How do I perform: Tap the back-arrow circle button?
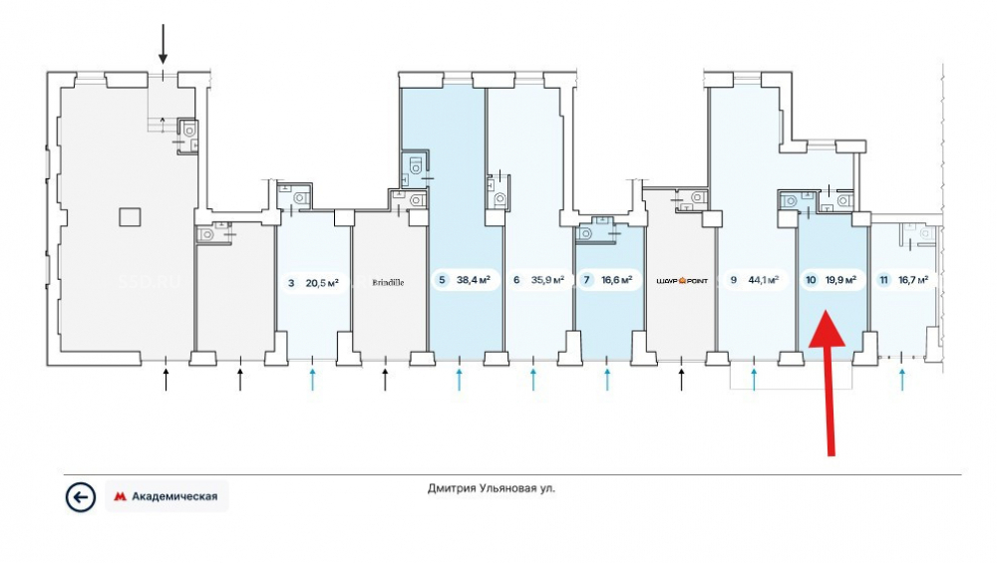[x=80, y=497]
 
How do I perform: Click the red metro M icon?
[x=120, y=497]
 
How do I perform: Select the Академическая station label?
[x=174, y=496]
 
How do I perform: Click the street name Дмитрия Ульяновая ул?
[x=491, y=488]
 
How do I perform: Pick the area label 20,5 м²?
[x=322, y=283]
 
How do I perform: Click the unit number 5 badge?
[x=442, y=280]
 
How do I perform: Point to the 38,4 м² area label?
[x=473, y=280]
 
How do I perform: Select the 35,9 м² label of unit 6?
[x=547, y=280]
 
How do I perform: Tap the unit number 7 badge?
[x=587, y=280]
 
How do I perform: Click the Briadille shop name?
[x=388, y=283]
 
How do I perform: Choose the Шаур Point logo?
[x=682, y=280]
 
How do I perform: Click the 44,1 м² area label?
[x=764, y=280]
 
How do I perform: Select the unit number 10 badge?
[x=811, y=280]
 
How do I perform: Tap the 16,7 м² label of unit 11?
[x=913, y=280]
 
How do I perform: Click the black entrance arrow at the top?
[x=163, y=44]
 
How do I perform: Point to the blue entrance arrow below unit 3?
[x=312, y=380]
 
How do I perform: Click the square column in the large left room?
[x=130, y=217]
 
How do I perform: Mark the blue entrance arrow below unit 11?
[x=902, y=380]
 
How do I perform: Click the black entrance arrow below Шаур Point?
[x=682, y=380]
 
